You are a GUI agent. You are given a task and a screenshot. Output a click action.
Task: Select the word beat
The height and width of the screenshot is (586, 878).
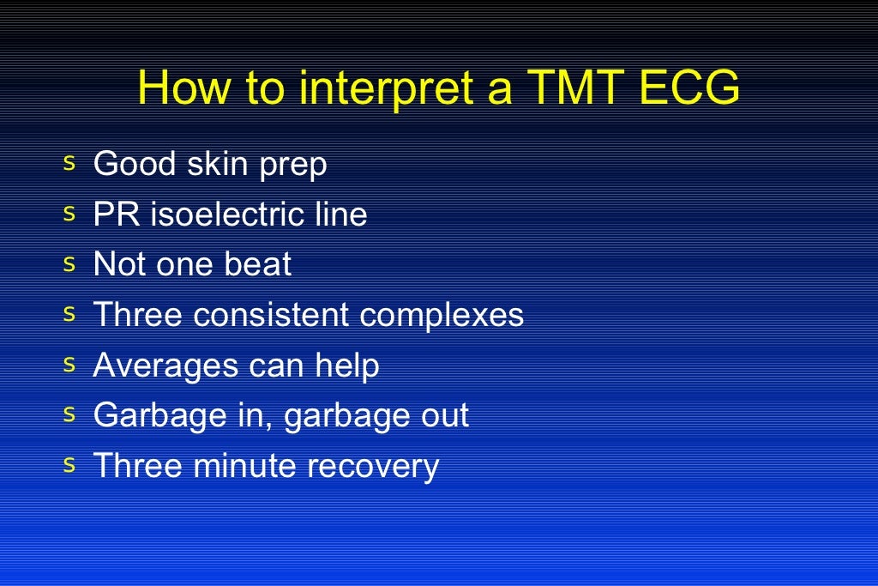(x=258, y=264)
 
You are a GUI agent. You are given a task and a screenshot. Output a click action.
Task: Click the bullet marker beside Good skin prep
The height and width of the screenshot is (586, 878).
(x=69, y=162)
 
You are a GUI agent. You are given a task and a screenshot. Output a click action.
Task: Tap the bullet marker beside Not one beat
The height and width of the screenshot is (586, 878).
(x=69, y=263)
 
